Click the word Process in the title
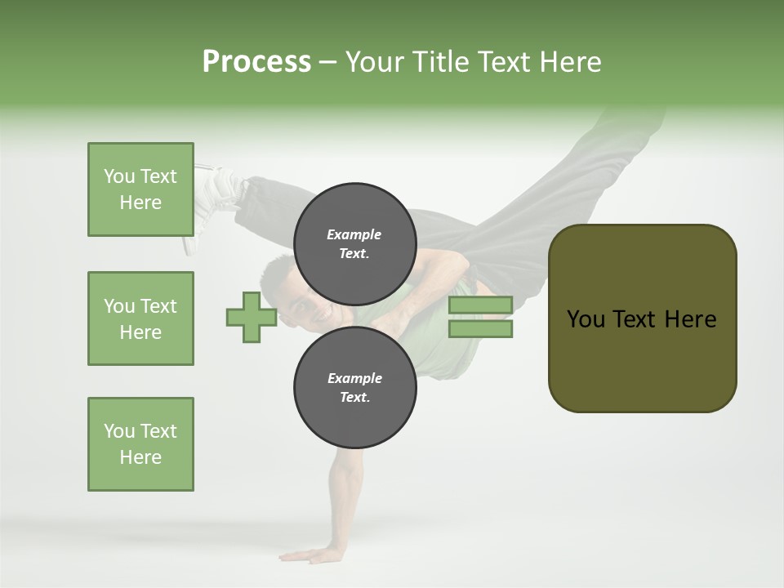[256, 61]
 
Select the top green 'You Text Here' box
[140, 189]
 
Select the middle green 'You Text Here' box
[140, 318]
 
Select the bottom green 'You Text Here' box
[140, 444]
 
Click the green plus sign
[252, 317]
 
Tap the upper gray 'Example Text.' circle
[354, 243]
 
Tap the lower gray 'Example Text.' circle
[354, 388]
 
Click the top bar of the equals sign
[480, 305]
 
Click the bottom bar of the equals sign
[480, 329]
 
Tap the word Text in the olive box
[637, 319]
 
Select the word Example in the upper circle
[354, 234]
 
